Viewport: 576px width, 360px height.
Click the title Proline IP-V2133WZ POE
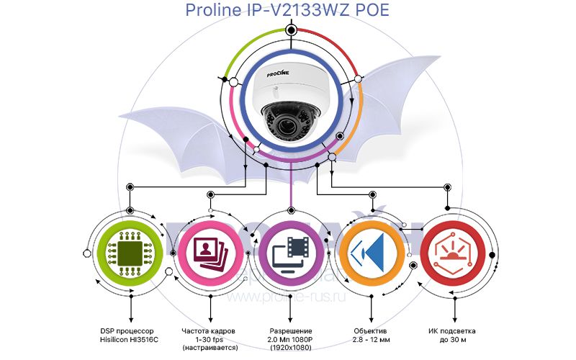[287, 9]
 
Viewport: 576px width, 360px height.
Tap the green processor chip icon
[130, 253]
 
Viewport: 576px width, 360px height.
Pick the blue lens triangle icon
[369, 253]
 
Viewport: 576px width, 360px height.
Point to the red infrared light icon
[453, 253]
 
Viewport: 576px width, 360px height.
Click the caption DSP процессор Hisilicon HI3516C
[129, 336]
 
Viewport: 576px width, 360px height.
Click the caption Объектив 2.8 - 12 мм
[371, 336]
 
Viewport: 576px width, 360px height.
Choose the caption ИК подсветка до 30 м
[452, 336]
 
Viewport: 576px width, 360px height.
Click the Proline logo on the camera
[278, 74]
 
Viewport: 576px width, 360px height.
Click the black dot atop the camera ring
[291, 30]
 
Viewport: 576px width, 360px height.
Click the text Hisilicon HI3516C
[129, 340]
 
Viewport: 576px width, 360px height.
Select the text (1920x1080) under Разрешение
[290, 348]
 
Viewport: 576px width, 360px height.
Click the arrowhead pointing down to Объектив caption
[371, 320]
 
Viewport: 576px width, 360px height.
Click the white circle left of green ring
[87, 253]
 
